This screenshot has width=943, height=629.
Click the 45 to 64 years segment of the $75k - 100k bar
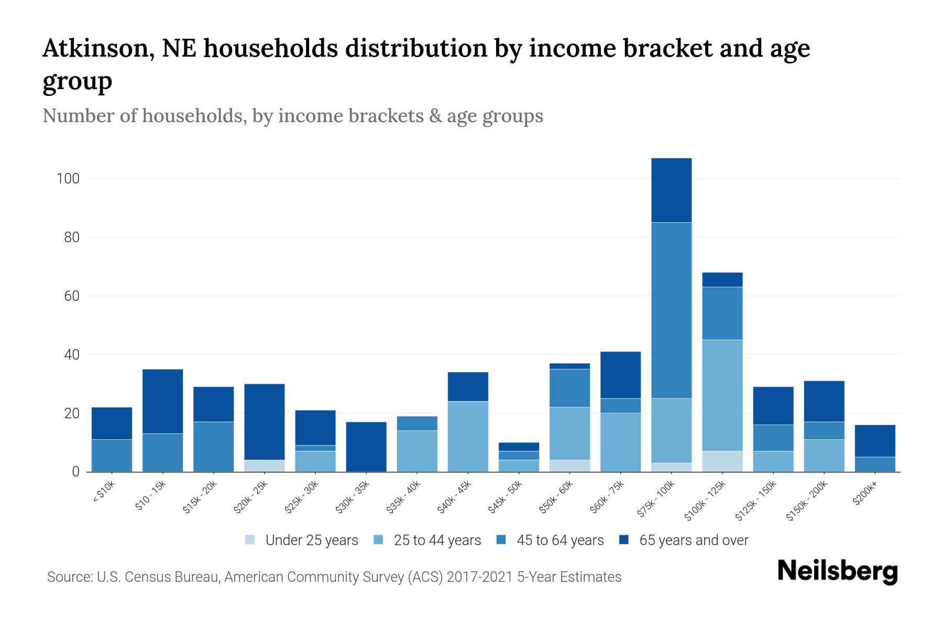click(x=671, y=310)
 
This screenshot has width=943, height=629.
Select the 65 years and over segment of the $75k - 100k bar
click(x=671, y=190)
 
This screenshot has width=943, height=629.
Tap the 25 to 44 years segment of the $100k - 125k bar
click(x=722, y=395)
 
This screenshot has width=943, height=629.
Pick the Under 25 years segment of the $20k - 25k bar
click(x=264, y=466)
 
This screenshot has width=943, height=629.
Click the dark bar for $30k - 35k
click(x=366, y=447)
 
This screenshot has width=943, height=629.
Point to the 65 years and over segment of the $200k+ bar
click(x=875, y=441)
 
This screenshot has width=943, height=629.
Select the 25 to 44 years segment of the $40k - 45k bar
click(x=468, y=436)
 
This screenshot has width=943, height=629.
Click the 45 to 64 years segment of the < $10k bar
click(x=112, y=456)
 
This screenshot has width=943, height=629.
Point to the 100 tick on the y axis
click(x=68, y=179)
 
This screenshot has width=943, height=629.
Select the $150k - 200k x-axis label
click(x=807, y=502)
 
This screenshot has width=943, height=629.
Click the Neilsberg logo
click(x=837, y=572)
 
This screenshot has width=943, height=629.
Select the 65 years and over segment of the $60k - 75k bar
click(x=620, y=375)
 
